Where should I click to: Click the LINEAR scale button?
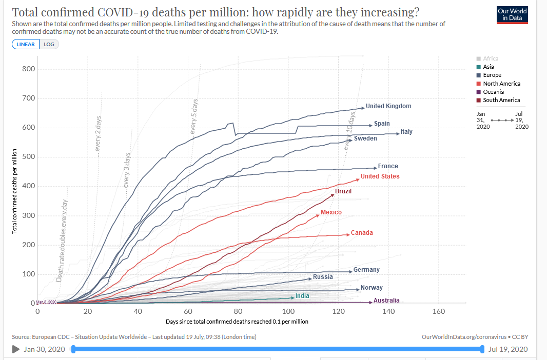click(26, 44)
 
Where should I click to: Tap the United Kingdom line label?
click(388, 106)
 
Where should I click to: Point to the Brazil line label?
click(343, 191)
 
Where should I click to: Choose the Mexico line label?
click(331, 212)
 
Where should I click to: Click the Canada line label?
click(362, 233)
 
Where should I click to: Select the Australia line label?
click(386, 301)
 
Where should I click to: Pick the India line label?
click(302, 296)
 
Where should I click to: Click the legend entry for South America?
click(501, 100)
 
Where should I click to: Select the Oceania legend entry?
click(493, 92)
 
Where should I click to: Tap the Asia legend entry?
click(489, 67)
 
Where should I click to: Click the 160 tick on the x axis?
click(438, 312)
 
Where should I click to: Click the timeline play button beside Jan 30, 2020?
click(16, 350)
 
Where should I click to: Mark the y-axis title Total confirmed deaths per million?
click(15, 191)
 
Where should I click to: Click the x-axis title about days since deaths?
click(237, 322)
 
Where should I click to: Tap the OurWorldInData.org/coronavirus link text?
click(465, 337)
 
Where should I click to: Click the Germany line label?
click(366, 270)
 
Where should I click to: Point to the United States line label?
click(380, 176)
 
